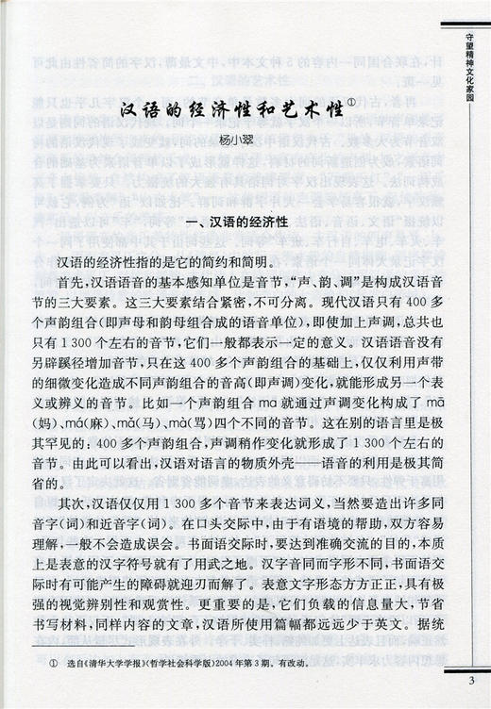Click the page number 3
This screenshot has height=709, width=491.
[470, 682]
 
